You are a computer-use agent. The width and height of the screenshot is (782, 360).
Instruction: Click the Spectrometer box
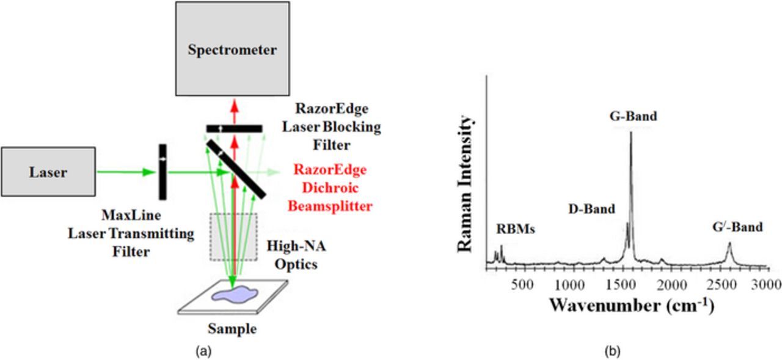232,49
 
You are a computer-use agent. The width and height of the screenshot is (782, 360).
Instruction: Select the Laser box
48,172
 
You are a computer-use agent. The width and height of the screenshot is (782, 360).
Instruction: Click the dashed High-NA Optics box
234,237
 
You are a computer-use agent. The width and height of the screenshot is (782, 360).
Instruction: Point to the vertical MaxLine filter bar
163,172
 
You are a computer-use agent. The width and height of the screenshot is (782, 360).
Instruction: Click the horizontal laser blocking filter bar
234,128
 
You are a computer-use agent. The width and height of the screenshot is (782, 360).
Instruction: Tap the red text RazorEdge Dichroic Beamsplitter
330,188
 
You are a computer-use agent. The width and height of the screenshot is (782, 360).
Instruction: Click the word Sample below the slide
232,329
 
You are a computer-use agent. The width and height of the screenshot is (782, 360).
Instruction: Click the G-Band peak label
633,116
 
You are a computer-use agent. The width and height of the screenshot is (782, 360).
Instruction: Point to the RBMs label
515,230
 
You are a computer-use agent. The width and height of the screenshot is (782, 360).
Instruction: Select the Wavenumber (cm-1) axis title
630,304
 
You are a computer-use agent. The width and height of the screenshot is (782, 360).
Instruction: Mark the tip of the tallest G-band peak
630,133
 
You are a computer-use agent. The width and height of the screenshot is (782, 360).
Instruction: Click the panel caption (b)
612,351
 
